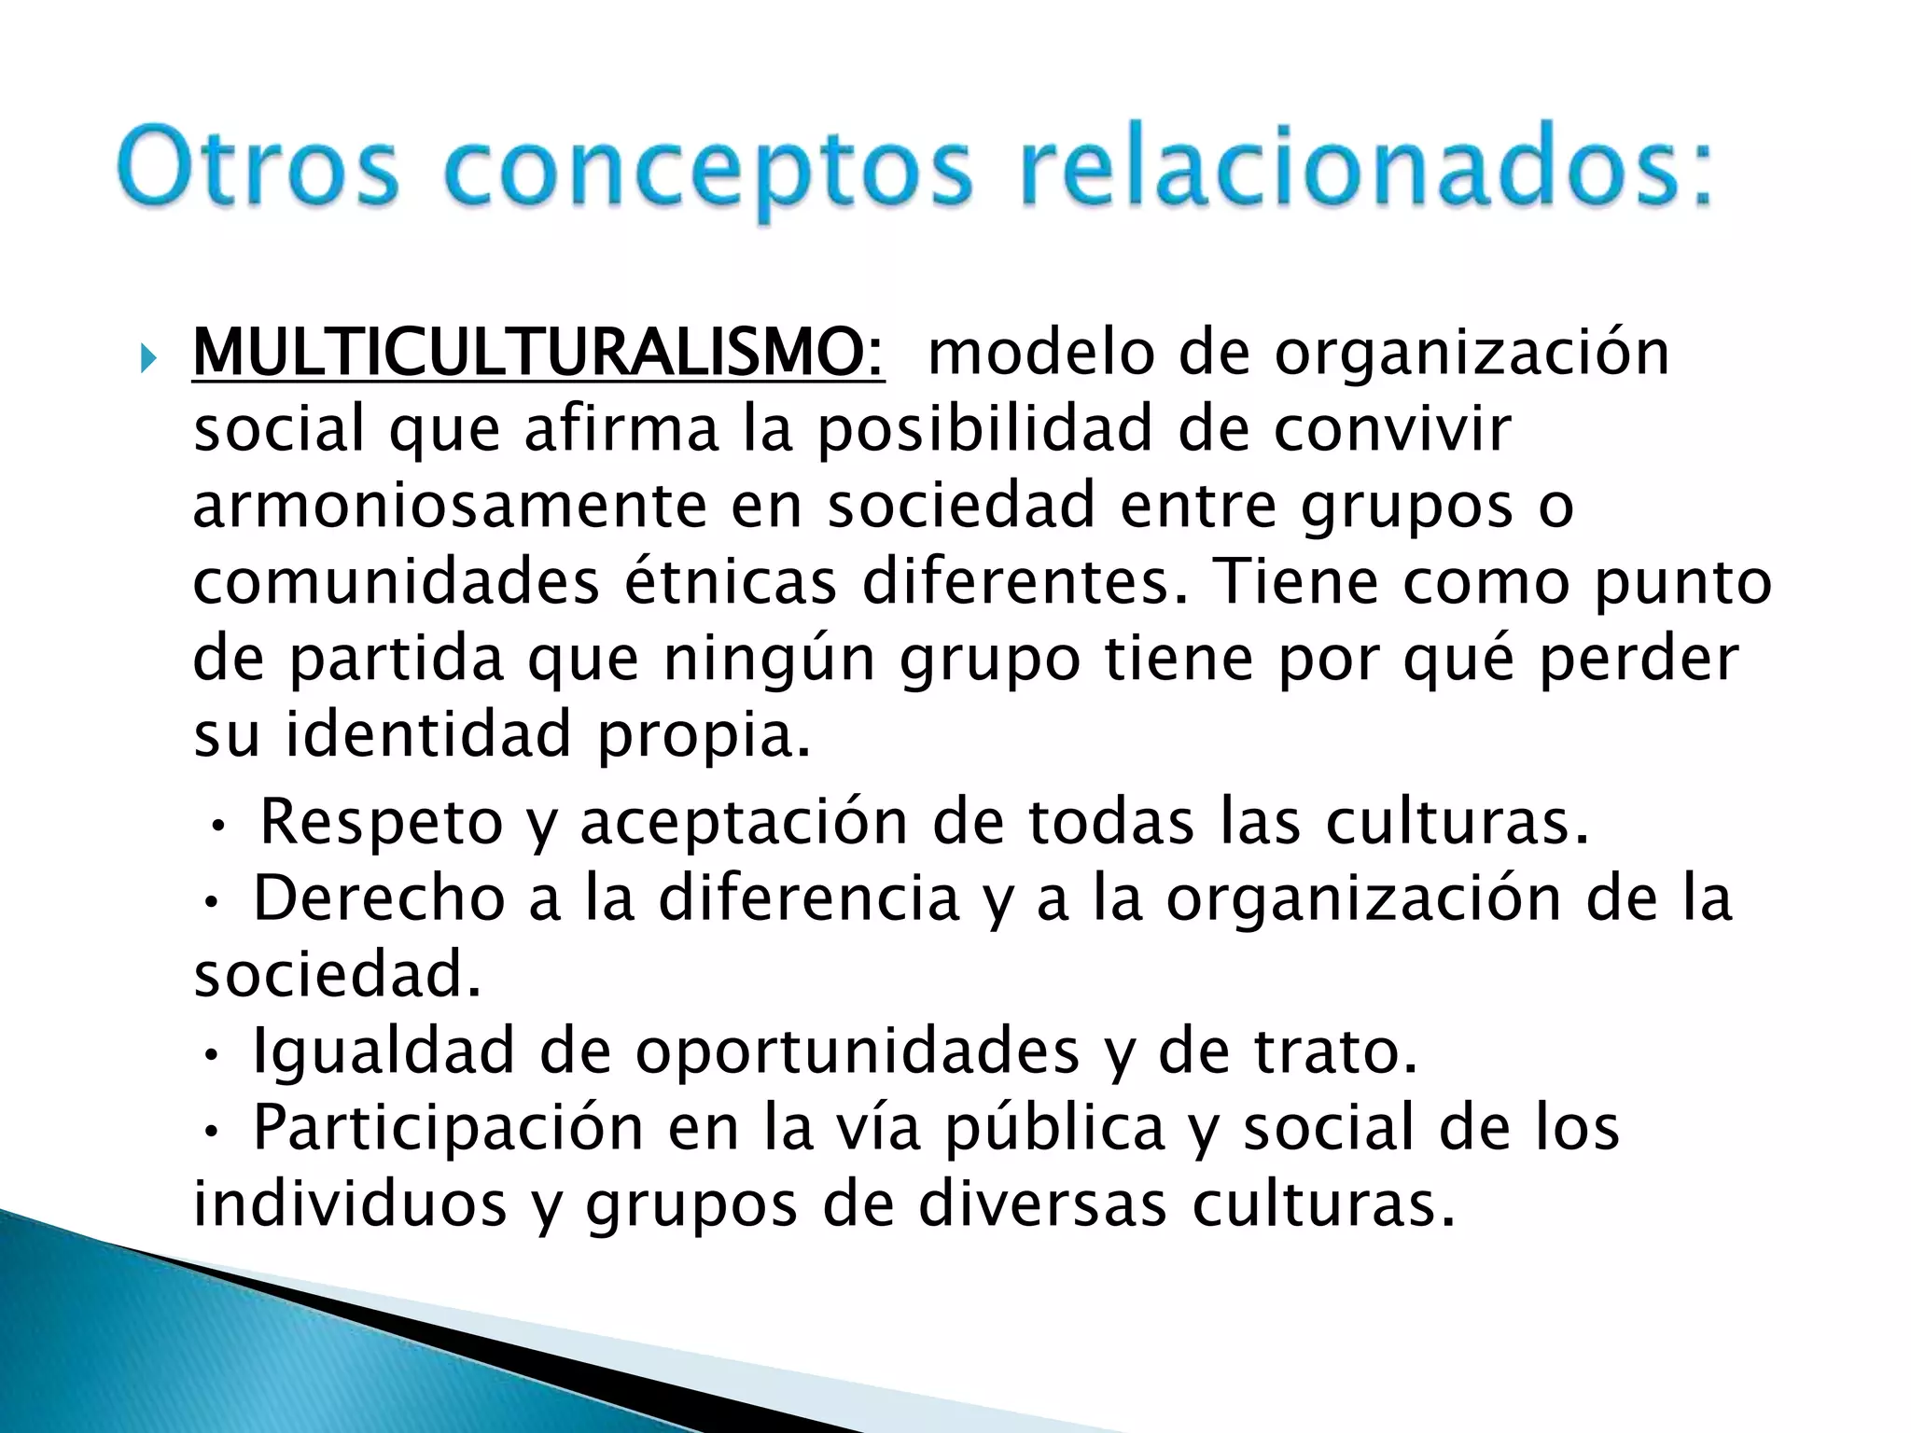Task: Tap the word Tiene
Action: click(1292, 582)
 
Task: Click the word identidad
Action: click(428, 734)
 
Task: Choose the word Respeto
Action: click(382, 823)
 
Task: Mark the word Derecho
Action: click(379, 898)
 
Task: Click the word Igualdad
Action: click(384, 1051)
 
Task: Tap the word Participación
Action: click(449, 1128)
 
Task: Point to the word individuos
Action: click(350, 1204)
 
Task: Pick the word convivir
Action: click(1392, 429)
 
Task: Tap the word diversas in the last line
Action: click(1042, 1204)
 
